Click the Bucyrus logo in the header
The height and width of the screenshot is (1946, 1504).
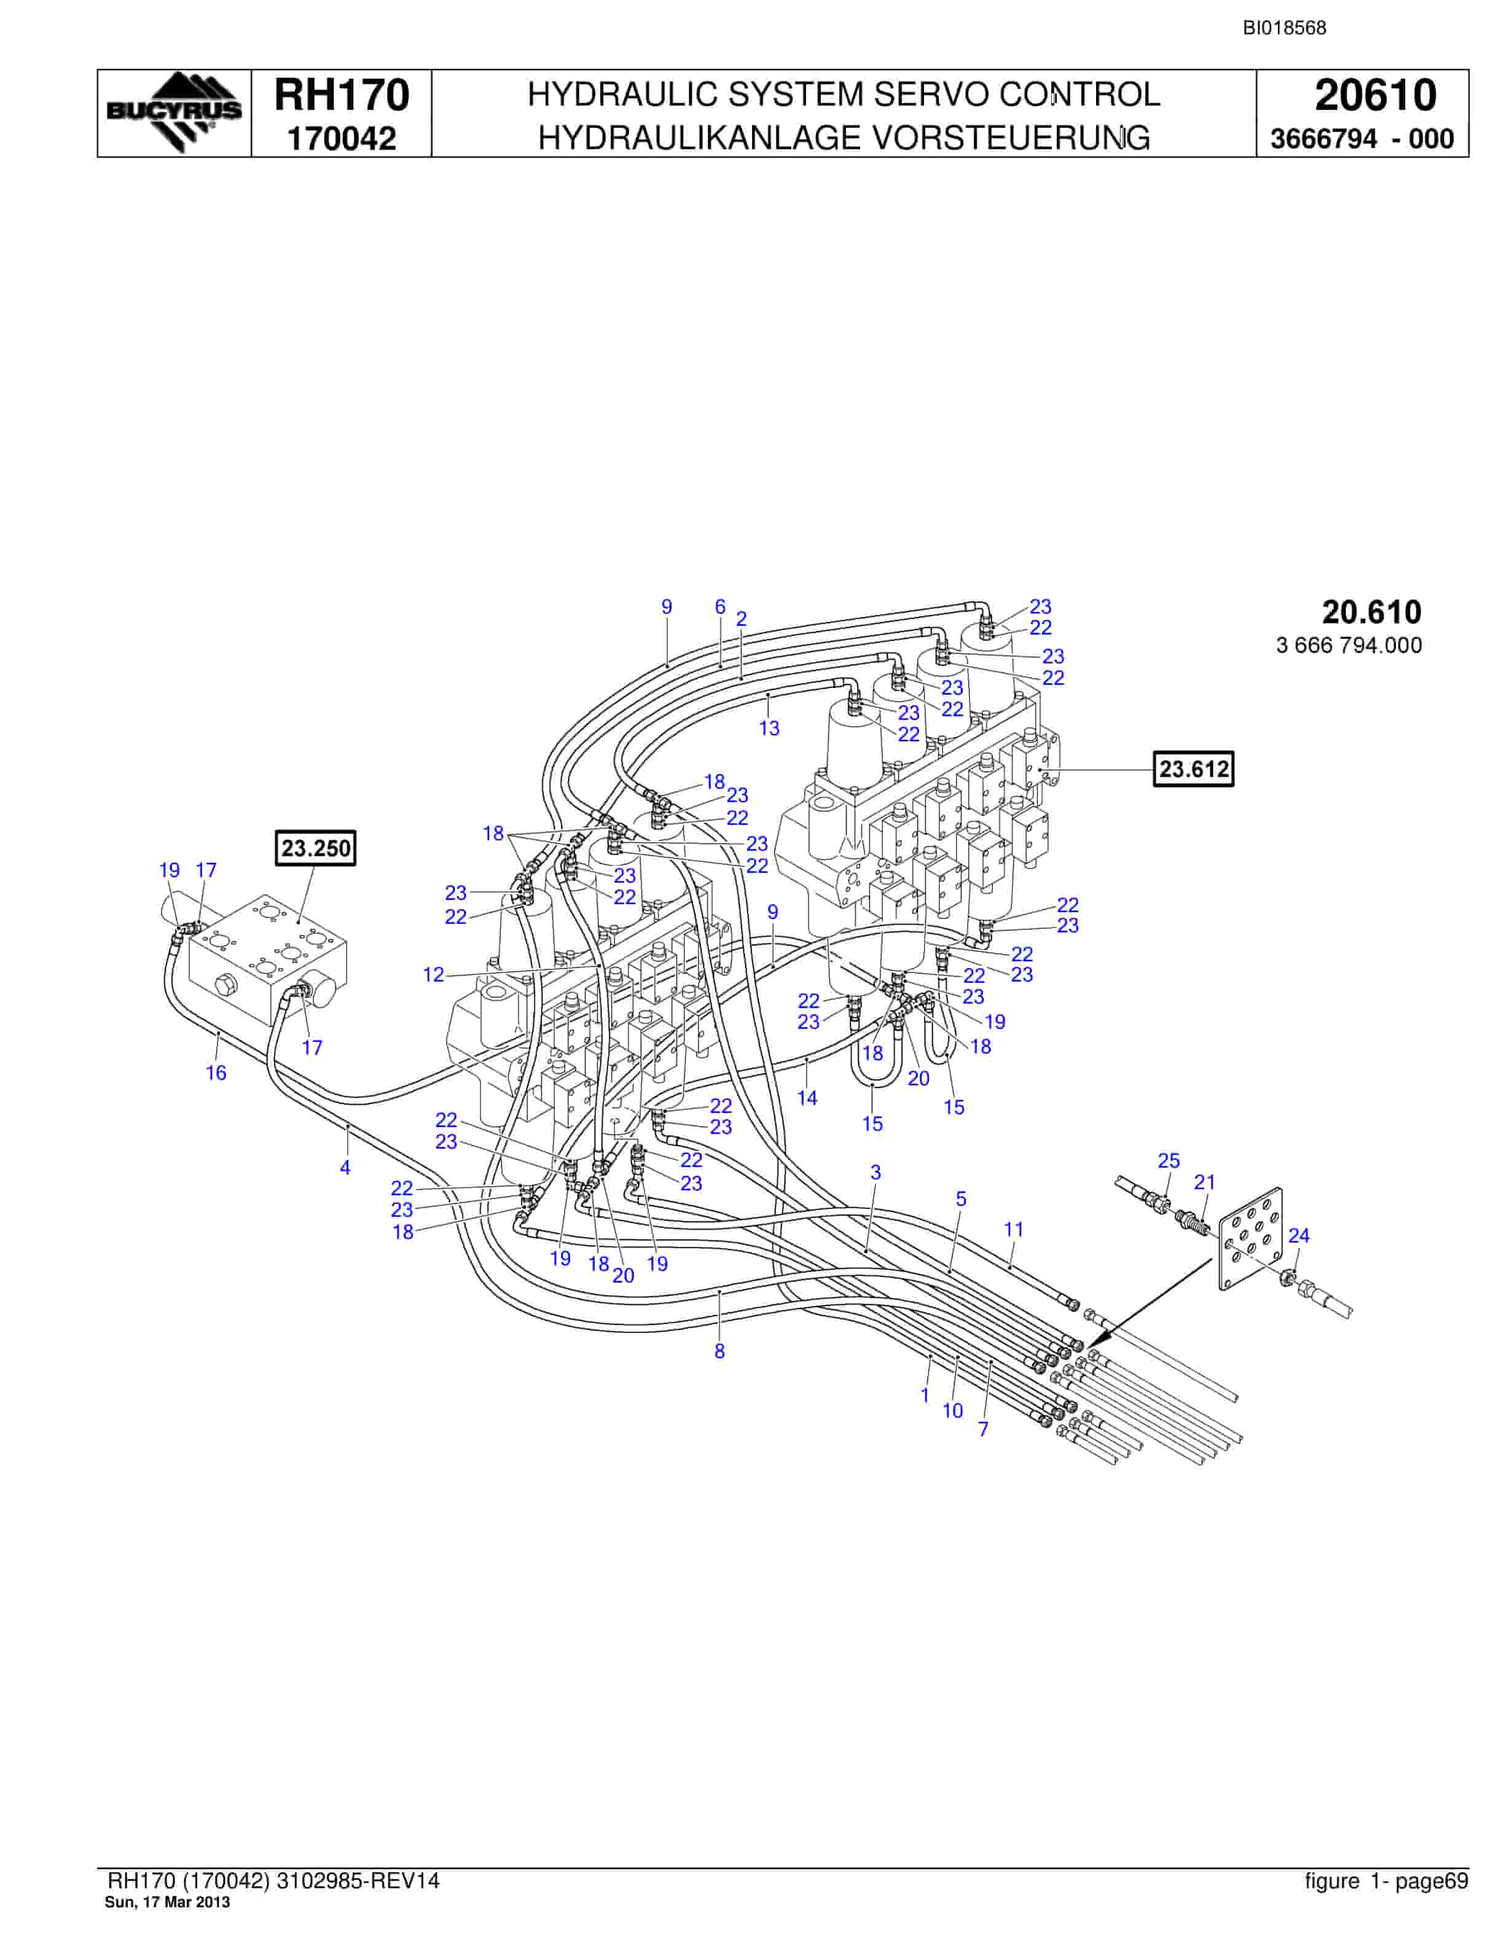pos(174,112)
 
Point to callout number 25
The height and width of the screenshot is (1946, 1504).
pos(1168,1160)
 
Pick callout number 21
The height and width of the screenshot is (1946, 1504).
pos(1205,1182)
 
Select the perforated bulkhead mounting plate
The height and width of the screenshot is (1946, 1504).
pos(1251,1238)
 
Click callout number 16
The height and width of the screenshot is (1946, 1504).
pos(216,1073)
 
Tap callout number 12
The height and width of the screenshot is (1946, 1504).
pos(433,975)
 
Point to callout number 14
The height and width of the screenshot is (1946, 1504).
pos(807,1098)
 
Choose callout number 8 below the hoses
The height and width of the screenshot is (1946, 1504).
pos(720,1351)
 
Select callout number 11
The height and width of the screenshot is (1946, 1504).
pos(1014,1230)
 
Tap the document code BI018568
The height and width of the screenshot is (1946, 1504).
pos(1285,28)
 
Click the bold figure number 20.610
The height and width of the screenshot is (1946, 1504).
pos(1371,612)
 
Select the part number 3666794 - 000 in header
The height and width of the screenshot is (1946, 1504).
pos(1361,139)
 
